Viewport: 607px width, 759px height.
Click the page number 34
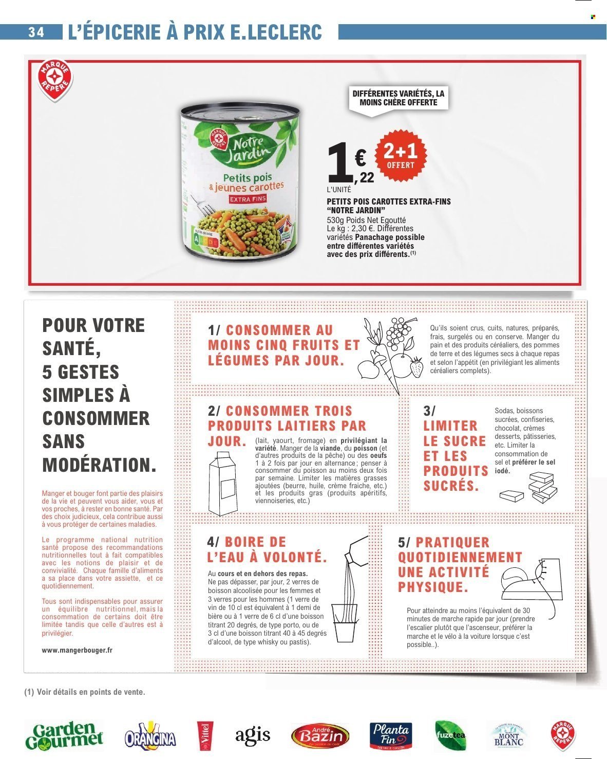[36, 32]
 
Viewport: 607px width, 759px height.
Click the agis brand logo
[253, 735]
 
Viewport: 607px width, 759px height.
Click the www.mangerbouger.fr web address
[77, 650]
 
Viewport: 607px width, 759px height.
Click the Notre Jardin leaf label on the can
[242, 146]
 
